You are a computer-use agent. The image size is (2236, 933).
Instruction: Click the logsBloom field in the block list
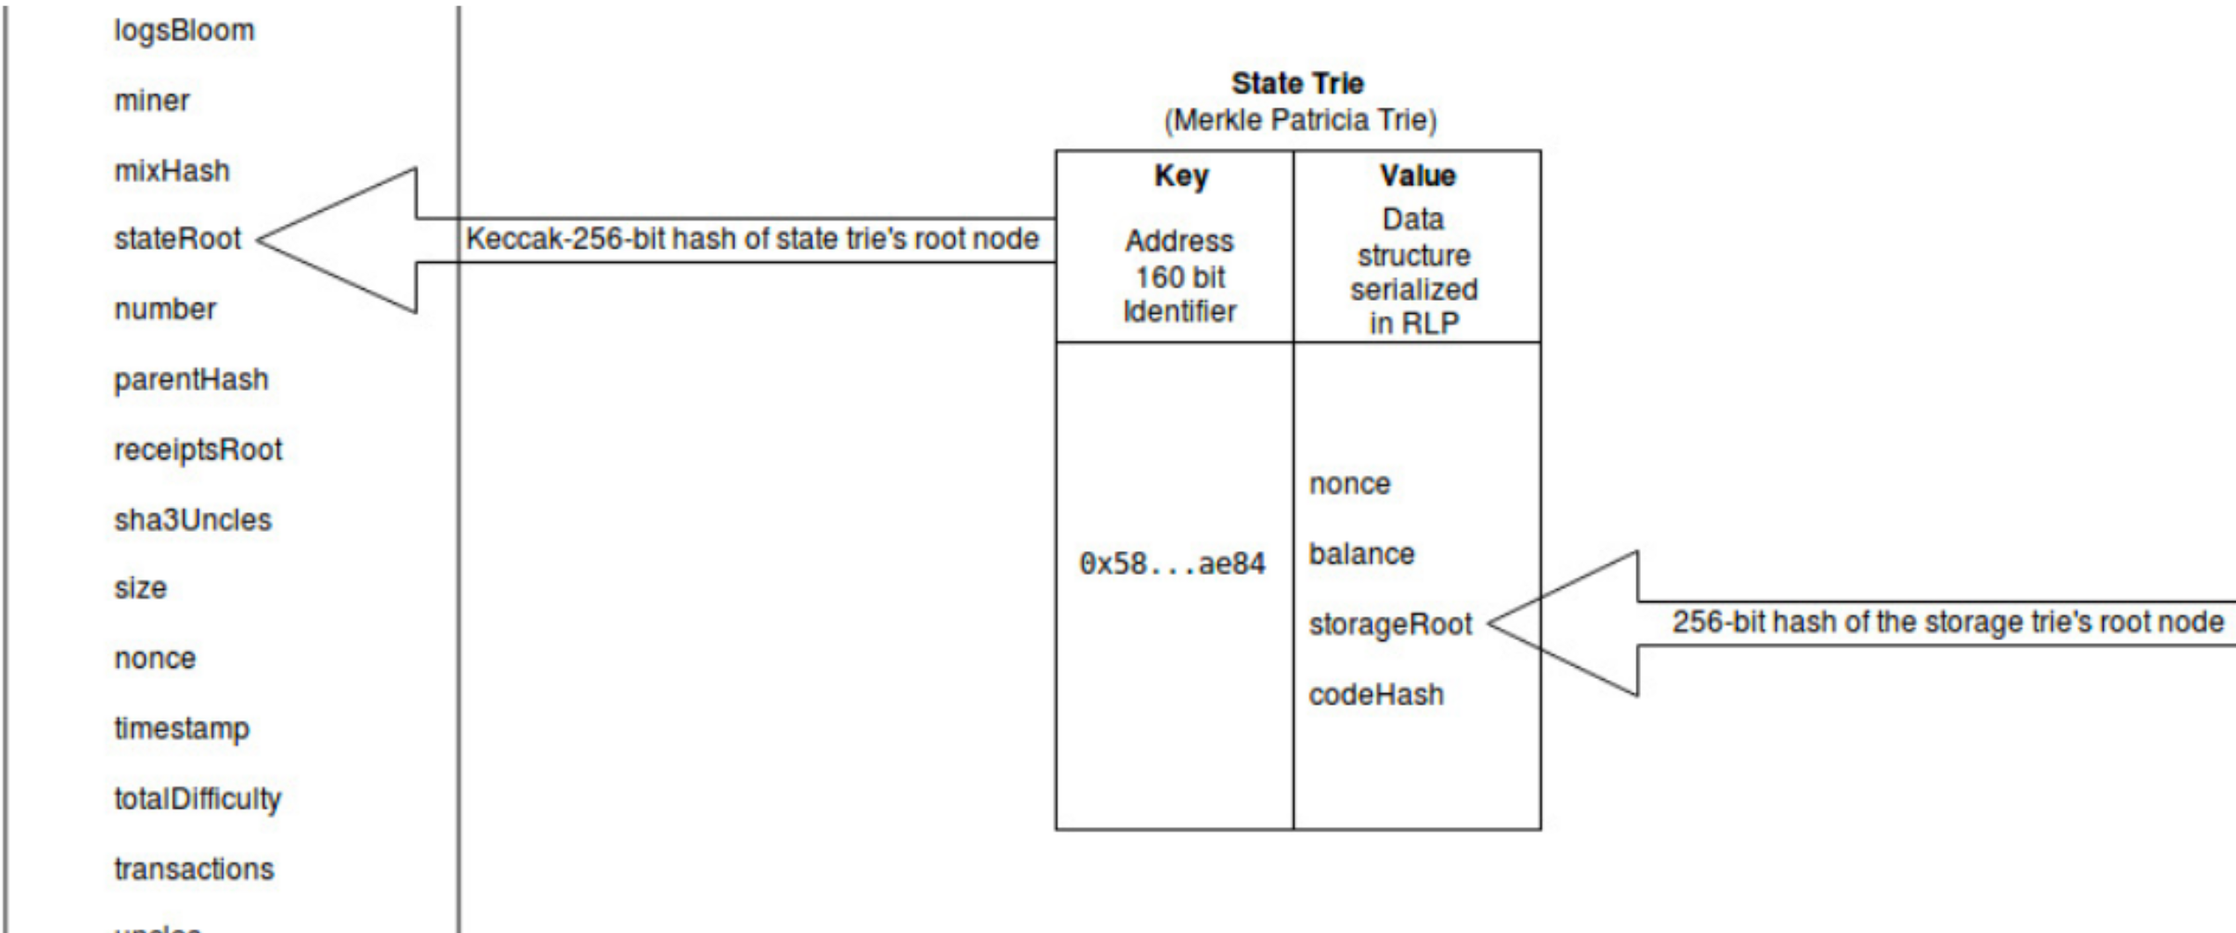pos(184,31)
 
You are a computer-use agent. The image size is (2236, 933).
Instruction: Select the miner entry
pos(152,101)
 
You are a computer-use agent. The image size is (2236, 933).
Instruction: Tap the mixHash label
pos(172,170)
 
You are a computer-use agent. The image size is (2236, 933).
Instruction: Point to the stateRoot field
pos(177,239)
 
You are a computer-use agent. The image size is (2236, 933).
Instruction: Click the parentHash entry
pos(190,380)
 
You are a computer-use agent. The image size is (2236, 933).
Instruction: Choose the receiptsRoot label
pos(198,450)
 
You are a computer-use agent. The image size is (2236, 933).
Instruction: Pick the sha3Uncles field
pos(192,519)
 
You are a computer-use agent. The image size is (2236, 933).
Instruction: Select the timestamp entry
pos(182,729)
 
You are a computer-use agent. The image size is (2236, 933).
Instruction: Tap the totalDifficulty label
pos(198,799)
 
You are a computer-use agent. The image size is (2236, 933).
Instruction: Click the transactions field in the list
pos(194,870)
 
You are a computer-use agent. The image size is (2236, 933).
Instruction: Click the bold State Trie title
pos(1297,84)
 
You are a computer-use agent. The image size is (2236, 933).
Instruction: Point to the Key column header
pos(1181,176)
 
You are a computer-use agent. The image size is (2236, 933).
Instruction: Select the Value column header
pos(1417,176)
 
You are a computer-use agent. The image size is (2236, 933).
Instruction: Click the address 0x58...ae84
pos(1172,564)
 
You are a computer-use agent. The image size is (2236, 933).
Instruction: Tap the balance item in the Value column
pos(1361,555)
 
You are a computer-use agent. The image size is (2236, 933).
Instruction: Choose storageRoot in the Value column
pos(1390,624)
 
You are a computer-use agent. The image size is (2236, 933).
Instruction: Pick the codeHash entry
pos(1376,695)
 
